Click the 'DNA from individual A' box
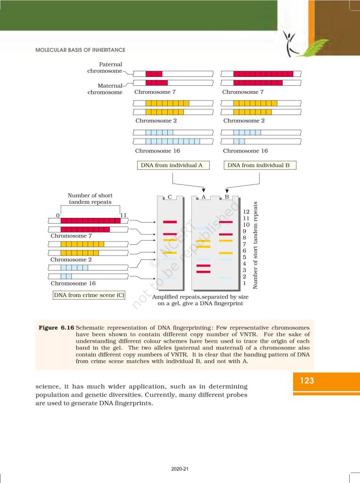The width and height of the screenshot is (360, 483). [x=172, y=166]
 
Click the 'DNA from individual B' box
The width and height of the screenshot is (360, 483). [x=260, y=166]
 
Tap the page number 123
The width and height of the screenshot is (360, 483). [x=307, y=380]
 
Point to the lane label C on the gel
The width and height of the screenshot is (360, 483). [x=169, y=197]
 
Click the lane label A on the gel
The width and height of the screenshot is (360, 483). [x=204, y=197]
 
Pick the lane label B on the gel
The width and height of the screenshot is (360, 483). [x=227, y=197]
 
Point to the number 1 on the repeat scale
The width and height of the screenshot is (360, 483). [x=244, y=283]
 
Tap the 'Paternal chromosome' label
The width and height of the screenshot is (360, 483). [x=105, y=67]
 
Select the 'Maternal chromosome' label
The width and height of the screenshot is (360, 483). [x=105, y=89]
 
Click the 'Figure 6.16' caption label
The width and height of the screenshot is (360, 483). [x=55, y=327]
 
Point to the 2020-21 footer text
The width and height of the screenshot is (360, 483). [x=180, y=469]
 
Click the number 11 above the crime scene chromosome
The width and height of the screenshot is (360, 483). [x=124, y=215]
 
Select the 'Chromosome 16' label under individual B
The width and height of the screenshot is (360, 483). [x=245, y=151]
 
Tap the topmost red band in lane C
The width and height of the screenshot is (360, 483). [x=170, y=222]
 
